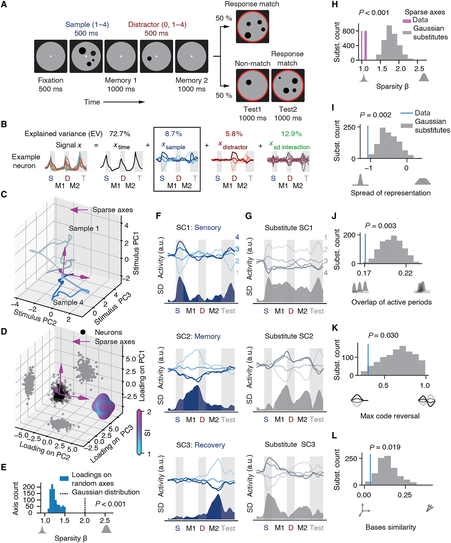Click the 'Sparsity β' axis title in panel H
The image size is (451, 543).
click(x=392, y=86)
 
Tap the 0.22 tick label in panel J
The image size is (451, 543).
click(x=405, y=273)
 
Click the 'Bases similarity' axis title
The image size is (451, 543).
click(x=391, y=527)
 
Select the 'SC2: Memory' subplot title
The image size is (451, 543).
click(x=198, y=336)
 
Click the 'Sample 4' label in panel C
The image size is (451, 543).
click(x=68, y=302)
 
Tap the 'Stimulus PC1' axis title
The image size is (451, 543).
click(x=136, y=253)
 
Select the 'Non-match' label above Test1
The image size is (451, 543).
click(x=253, y=63)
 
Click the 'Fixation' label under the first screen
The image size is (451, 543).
click(x=51, y=80)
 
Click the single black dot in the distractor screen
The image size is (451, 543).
click(x=149, y=58)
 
